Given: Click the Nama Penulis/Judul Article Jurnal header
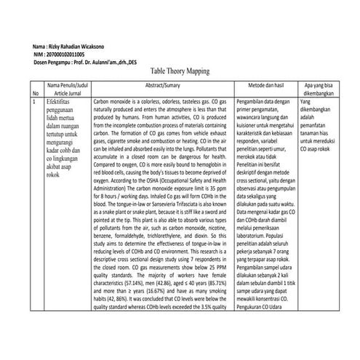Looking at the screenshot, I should (67, 89).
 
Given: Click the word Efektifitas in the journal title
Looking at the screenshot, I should (63, 103).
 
